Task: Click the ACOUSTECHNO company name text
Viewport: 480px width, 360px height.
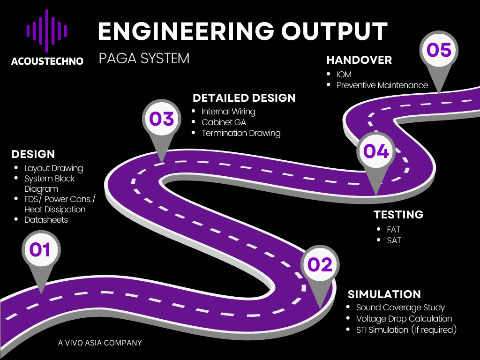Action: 47,61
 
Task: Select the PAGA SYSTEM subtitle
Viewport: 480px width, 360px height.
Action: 144,59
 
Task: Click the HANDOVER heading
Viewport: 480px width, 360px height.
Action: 359,60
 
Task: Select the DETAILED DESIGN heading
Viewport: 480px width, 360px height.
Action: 244,98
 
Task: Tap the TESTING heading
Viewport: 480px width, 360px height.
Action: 398,215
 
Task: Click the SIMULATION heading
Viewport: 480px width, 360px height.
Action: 384,294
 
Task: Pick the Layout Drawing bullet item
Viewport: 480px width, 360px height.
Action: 53,168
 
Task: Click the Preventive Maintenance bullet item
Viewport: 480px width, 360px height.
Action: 382,85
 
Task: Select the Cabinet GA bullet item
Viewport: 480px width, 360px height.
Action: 224,122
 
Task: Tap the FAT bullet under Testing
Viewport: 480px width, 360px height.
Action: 394,230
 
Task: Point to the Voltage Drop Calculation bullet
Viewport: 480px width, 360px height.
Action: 404,319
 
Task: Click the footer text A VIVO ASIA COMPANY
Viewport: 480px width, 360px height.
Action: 100,343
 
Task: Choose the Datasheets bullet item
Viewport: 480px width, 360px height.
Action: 46,220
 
